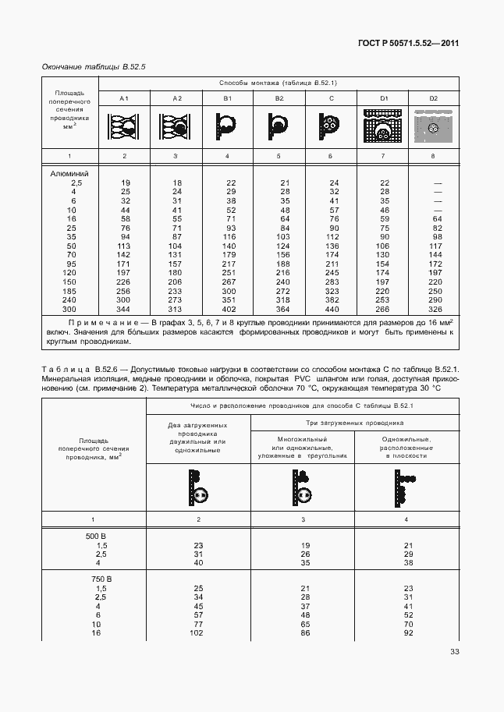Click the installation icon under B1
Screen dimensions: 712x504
click(x=227, y=126)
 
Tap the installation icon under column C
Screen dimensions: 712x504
click(x=331, y=126)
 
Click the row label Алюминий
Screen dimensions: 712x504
click(x=69, y=173)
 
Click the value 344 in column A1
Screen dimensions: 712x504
click(x=125, y=310)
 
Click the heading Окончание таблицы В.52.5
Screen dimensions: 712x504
click(x=94, y=67)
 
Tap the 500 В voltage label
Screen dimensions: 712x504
click(x=97, y=536)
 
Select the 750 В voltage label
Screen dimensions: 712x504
click(x=97, y=579)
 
